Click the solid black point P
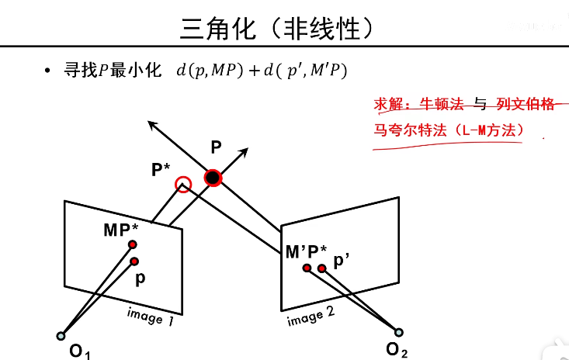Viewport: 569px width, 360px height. (x=213, y=178)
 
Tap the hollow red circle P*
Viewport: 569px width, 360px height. (x=183, y=185)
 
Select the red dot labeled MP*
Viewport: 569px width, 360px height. (x=134, y=246)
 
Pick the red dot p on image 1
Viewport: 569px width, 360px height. (x=134, y=261)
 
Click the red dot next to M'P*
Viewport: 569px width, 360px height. (x=307, y=268)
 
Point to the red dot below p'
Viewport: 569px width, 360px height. (x=321, y=269)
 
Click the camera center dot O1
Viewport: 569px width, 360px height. (x=61, y=336)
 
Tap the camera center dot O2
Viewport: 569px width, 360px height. (x=399, y=333)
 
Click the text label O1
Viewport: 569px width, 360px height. (x=79, y=351)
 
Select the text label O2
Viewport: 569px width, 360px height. (x=397, y=350)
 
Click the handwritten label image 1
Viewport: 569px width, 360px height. (x=150, y=316)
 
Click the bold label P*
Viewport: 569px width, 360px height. (x=162, y=169)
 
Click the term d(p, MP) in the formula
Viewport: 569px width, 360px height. (x=210, y=71)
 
